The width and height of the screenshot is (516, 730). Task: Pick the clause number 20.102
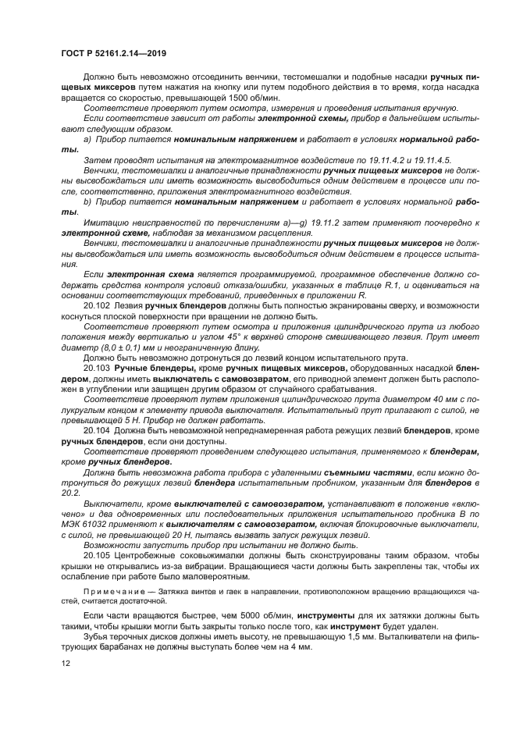pos(97,305)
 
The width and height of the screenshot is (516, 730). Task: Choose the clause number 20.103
pos(97,367)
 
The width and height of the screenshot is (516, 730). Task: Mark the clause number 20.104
pos(97,430)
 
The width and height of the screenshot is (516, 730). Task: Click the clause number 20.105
pos(97,554)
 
